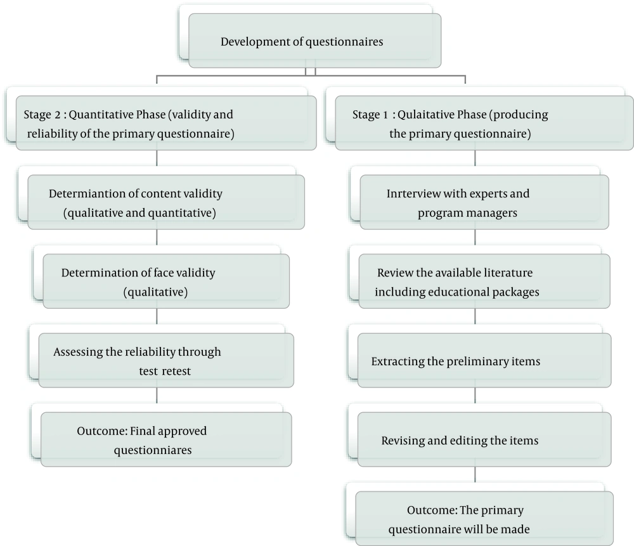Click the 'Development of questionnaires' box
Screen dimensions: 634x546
314,41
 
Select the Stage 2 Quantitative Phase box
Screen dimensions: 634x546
166,123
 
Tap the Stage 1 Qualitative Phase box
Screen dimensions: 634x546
484,123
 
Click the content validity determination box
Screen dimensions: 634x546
166,202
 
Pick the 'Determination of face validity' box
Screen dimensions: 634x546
166,281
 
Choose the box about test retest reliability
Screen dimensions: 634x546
166,360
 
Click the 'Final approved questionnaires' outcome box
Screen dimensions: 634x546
166,439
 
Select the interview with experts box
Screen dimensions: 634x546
484,202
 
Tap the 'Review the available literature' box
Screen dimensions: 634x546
484,281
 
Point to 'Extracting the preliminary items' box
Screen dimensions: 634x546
484,360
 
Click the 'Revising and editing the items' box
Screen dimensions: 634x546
484,439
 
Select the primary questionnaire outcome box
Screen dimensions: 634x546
484,519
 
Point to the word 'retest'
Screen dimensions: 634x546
177,371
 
